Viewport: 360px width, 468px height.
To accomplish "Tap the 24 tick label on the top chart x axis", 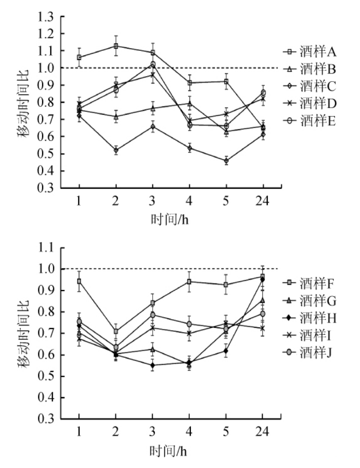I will (262, 202).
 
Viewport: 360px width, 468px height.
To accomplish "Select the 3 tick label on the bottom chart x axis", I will (152, 432).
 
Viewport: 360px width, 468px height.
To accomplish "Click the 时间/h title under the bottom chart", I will (170, 449).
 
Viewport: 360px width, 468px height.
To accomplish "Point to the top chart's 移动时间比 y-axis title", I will (24, 102).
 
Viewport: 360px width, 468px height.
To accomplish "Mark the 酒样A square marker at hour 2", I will (116, 46).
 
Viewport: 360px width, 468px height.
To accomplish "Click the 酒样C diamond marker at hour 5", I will (226, 161).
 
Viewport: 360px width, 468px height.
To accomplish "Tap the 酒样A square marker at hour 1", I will (79, 58).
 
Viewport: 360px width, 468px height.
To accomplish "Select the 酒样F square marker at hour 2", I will (116, 331).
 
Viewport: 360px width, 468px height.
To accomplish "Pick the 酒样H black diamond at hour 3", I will (152, 365).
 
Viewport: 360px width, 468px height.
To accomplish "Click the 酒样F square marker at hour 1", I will (79, 281).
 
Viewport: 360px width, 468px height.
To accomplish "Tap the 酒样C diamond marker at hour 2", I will (116, 150).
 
